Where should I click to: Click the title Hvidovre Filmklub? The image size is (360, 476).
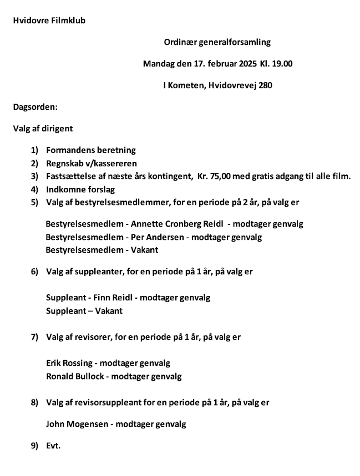pyautogui.click(x=49, y=21)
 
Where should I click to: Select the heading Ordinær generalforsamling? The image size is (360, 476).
pyautogui.click(x=217, y=42)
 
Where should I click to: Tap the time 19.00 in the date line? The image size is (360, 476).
pyautogui.click(x=282, y=64)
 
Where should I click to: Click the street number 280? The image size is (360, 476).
pyautogui.click(x=265, y=85)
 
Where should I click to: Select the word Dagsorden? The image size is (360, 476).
pyautogui.click(x=36, y=107)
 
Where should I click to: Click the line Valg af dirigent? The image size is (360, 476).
pyautogui.click(x=43, y=129)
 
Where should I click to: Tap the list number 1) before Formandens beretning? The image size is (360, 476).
pyautogui.click(x=34, y=150)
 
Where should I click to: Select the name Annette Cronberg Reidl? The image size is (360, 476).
pyautogui.click(x=176, y=224)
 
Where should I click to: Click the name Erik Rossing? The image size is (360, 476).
pyautogui.click(x=69, y=364)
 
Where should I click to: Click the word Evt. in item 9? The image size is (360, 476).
pyautogui.click(x=53, y=445)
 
